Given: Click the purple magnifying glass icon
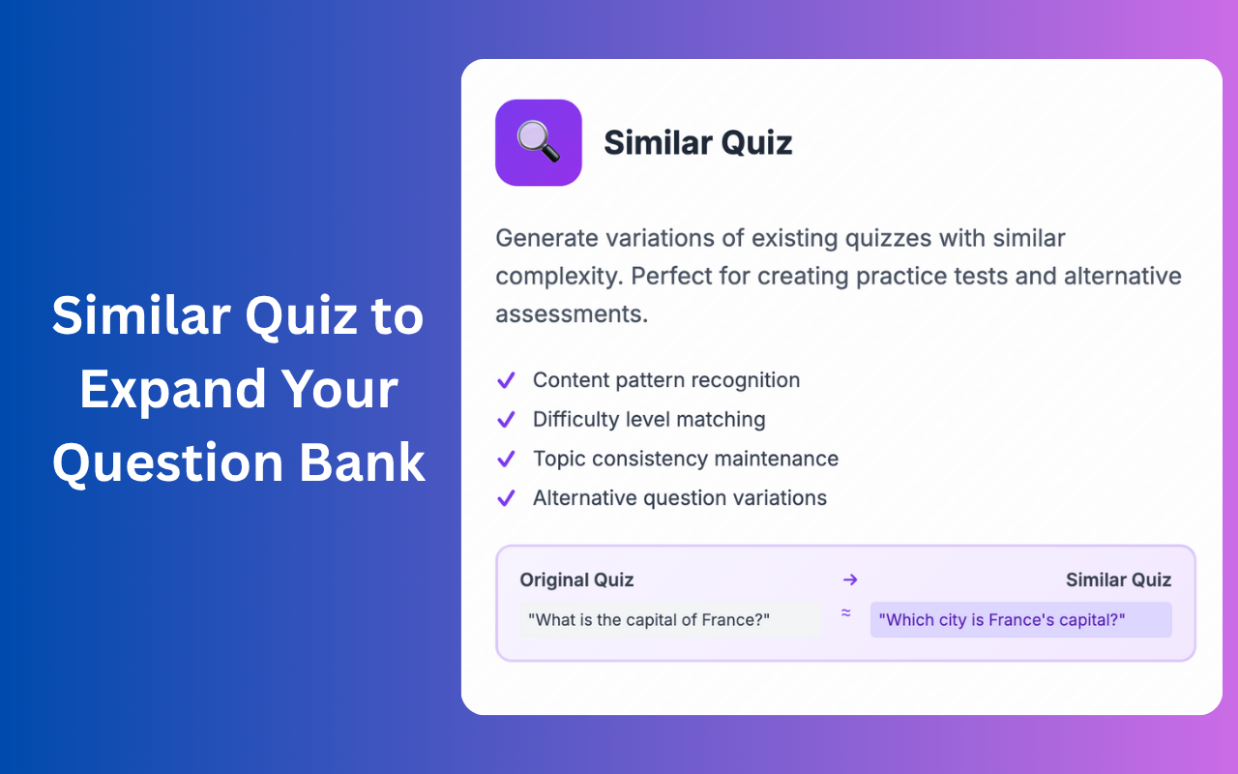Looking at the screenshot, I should click(538, 142).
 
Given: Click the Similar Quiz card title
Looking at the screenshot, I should click(697, 143).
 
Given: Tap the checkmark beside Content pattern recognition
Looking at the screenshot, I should click(505, 380).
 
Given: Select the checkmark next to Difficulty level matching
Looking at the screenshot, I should click(505, 420).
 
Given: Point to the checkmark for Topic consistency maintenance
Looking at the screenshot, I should click(505, 459).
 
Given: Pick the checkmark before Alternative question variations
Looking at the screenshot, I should click(505, 498).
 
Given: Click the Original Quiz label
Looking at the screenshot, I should click(576, 580).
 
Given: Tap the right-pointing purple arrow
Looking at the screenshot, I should click(850, 580).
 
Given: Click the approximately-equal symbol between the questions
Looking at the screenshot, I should click(845, 612).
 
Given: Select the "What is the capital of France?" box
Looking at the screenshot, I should click(669, 620).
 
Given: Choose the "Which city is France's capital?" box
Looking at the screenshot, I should click(1020, 620).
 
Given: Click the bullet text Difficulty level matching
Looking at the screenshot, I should click(649, 420).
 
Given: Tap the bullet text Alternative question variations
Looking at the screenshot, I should click(679, 498).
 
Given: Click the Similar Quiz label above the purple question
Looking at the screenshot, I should click(1118, 580).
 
